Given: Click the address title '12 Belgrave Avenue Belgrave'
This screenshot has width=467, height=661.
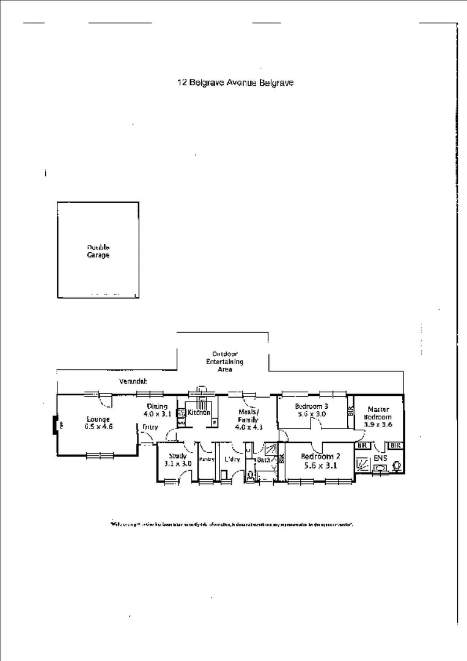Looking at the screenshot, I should (x=235, y=83).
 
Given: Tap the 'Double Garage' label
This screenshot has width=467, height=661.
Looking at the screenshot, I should (x=98, y=251).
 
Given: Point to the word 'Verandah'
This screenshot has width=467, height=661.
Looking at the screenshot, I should (x=133, y=381).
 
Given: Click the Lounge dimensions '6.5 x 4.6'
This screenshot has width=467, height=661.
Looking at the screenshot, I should (x=98, y=427).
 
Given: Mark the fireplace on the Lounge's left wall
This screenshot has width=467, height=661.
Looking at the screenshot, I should (x=55, y=424).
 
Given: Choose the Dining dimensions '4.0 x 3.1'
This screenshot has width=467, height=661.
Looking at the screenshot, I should (x=156, y=414).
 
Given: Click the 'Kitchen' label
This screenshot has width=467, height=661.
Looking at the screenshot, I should (x=199, y=413).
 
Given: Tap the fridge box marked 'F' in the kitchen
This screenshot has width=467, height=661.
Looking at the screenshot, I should (x=215, y=422).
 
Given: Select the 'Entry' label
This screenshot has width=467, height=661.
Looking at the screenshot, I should (x=150, y=427).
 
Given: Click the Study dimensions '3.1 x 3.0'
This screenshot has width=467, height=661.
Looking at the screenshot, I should (x=178, y=464).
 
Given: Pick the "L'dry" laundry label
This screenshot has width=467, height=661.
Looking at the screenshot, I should (x=232, y=459).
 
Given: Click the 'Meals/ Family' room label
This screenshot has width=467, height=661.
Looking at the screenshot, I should (x=248, y=416).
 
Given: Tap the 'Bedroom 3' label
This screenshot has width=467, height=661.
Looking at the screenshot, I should (x=312, y=406).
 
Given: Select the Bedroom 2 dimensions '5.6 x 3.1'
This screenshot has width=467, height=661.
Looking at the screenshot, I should (x=320, y=465).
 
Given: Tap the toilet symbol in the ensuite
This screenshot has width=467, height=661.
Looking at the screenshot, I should (x=397, y=466).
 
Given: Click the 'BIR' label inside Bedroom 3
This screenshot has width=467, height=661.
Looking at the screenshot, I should (x=350, y=411).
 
